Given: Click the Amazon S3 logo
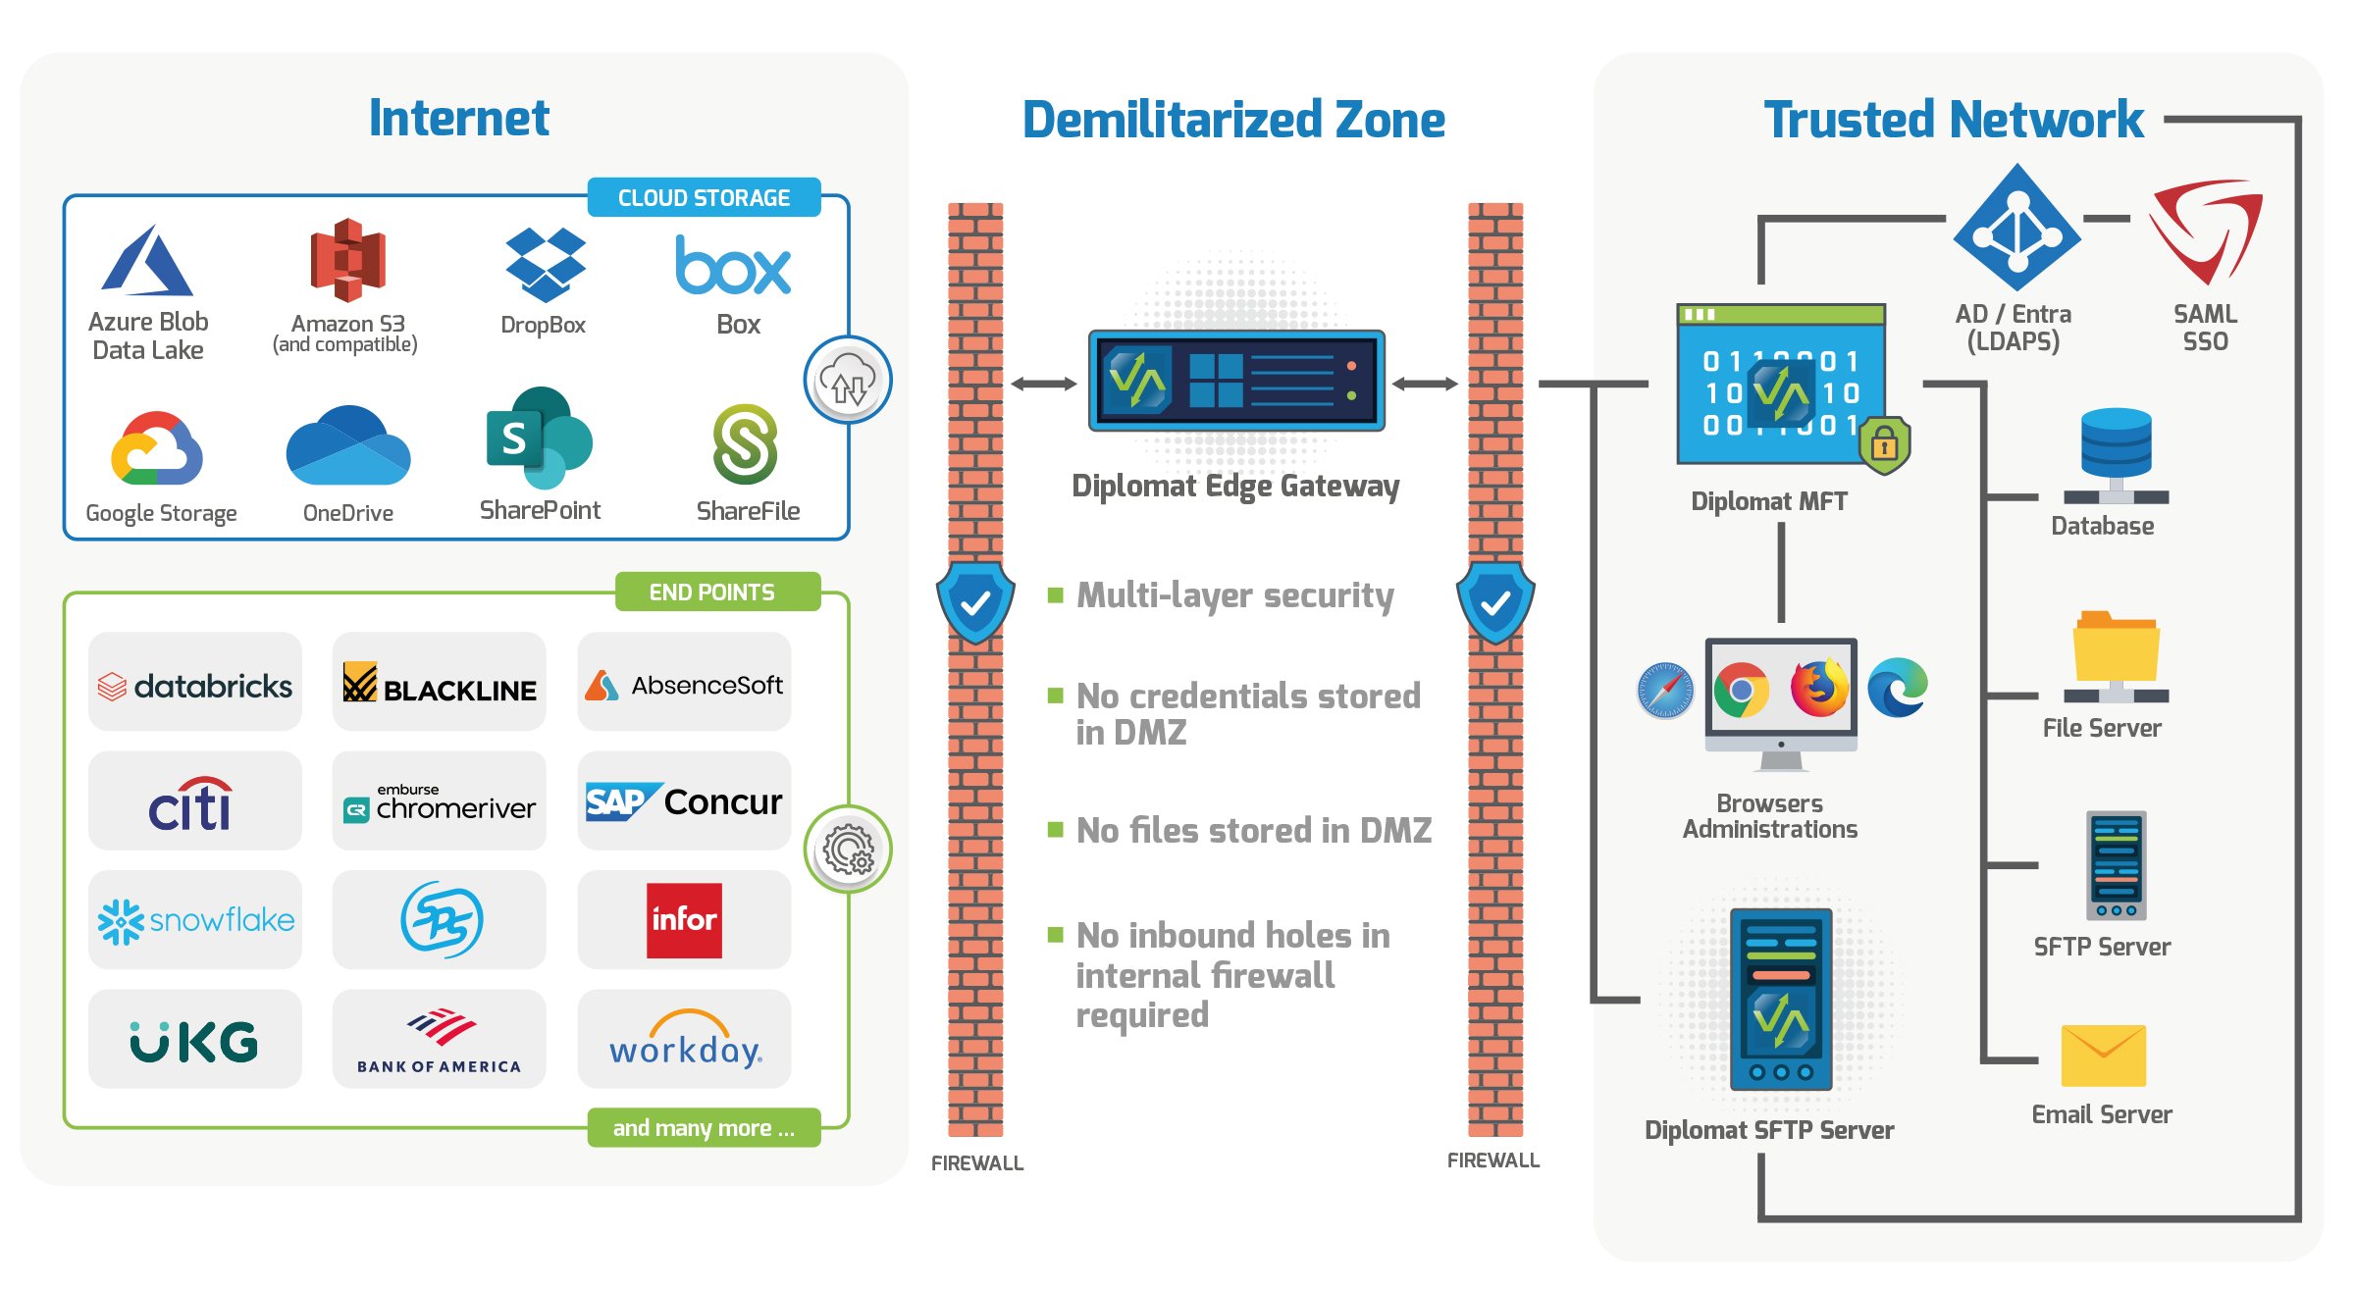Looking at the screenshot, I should point(347,260).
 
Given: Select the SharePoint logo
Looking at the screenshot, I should point(539,438).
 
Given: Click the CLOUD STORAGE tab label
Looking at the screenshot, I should point(704,198).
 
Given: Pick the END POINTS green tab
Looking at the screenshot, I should point(713,593).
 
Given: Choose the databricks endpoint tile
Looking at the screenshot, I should point(195,684).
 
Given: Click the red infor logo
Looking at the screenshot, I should point(684,920).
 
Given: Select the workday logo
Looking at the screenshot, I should point(684,1040).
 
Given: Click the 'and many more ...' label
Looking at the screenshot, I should point(704,1128).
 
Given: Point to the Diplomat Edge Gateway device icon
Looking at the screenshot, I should point(1235,381).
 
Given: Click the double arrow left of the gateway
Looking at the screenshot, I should point(1043,384).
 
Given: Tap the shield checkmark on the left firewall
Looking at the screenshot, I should point(975,602).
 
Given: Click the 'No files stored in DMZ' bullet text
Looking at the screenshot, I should point(1253,831).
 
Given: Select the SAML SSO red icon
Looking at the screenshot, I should point(2205,231).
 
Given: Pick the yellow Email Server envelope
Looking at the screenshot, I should point(2103,1056).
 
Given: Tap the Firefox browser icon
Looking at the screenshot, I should point(1818,689).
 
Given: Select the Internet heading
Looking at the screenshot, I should point(458,119).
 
